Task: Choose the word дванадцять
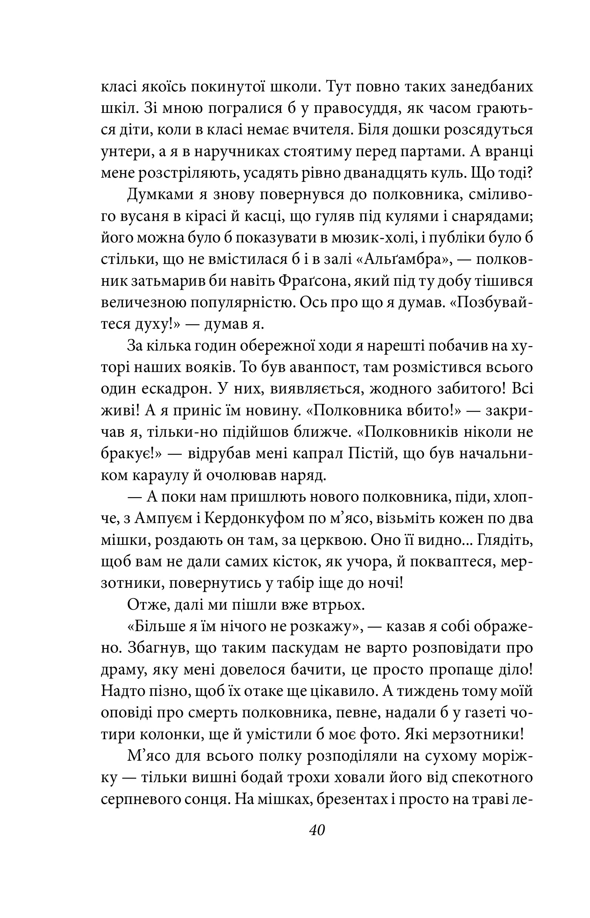pos(395,173)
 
